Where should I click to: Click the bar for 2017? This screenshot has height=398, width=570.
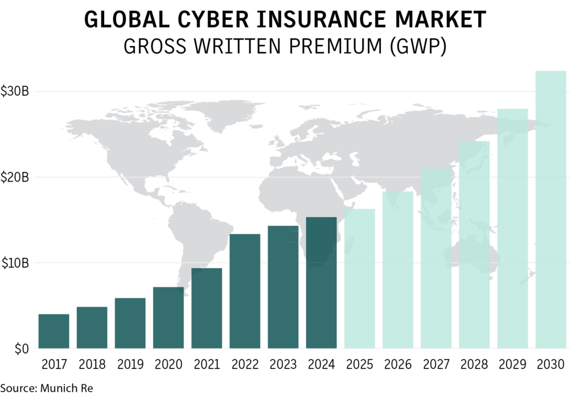[53, 331]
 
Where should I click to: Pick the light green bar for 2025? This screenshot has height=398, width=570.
[359, 278]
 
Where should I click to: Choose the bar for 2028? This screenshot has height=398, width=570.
[474, 244]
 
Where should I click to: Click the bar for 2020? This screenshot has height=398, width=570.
[168, 317]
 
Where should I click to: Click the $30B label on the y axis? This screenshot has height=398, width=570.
[15, 91]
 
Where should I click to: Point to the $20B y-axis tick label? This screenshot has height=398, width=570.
[15, 178]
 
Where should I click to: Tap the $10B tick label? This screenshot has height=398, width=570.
[15, 263]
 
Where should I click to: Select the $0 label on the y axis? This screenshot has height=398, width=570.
[21, 349]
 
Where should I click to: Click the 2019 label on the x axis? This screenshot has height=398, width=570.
[130, 365]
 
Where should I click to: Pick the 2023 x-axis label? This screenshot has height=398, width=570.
[283, 365]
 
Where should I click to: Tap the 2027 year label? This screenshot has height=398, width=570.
[436, 365]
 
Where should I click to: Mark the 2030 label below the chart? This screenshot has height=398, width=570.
[551, 365]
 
